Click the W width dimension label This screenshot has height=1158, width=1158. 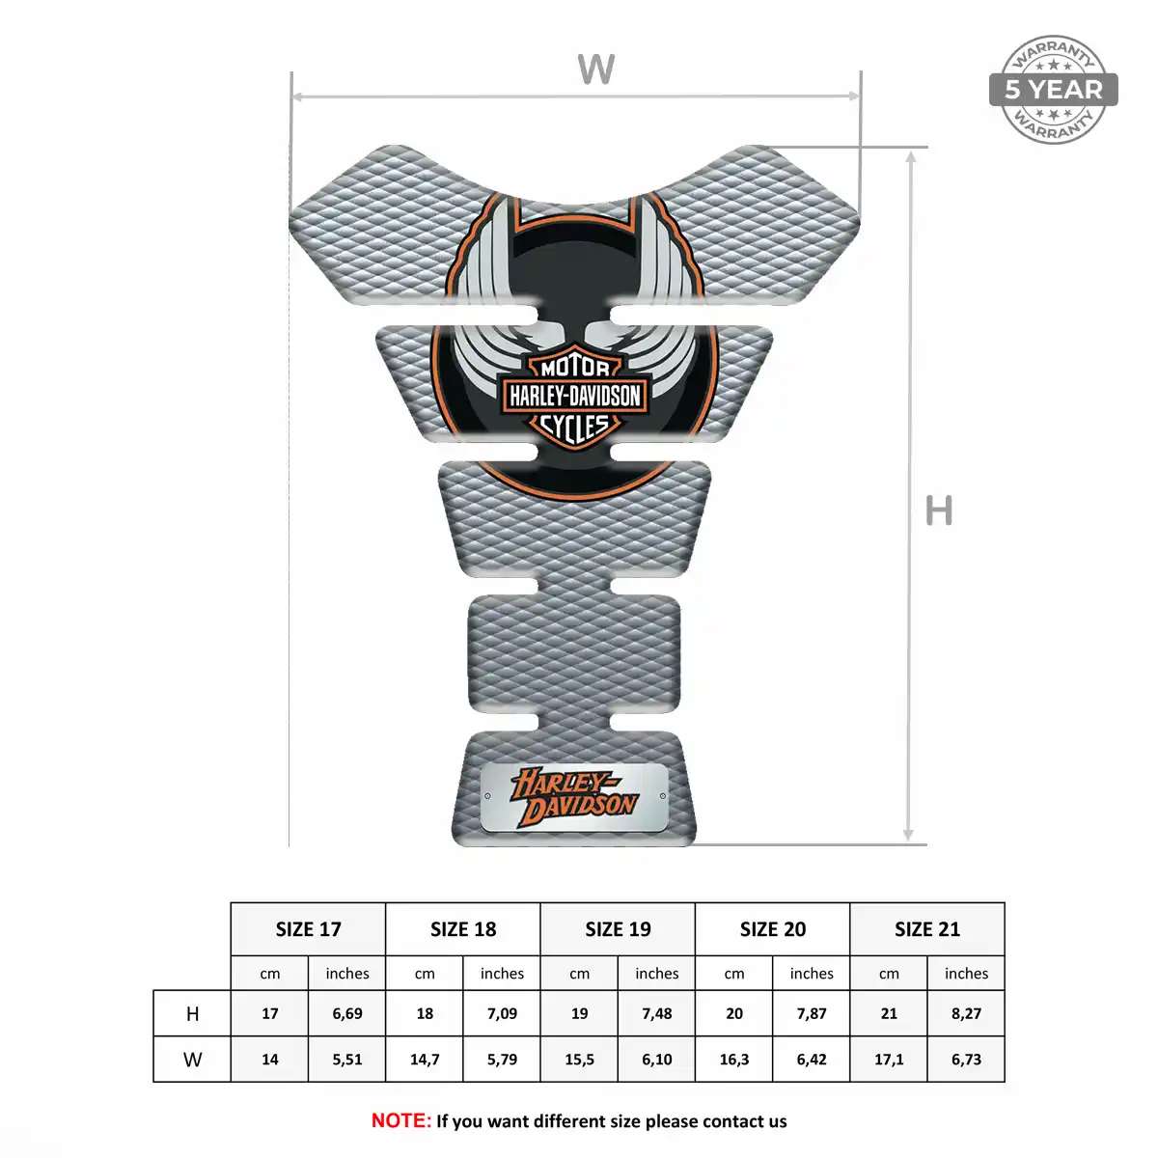tap(595, 69)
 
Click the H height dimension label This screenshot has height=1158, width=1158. tap(939, 510)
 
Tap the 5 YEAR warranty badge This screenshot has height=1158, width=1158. tap(1053, 90)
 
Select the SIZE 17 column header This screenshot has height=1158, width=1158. tap(308, 929)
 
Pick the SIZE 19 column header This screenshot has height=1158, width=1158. tap(618, 929)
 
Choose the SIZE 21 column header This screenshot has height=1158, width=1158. tap(927, 929)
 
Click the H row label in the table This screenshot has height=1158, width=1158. tap(192, 1014)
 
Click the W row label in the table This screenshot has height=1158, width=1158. tap(192, 1060)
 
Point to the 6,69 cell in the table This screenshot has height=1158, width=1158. tap(347, 1014)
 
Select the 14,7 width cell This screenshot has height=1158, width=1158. tap(425, 1060)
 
